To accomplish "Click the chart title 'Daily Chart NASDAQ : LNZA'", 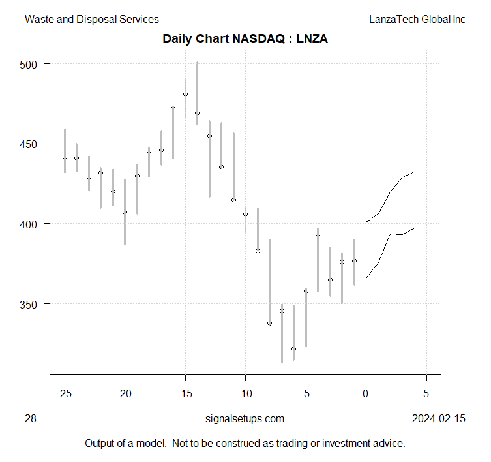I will click(x=245, y=39).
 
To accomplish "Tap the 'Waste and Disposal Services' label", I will click(x=91, y=20).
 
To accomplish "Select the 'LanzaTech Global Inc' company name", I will click(x=417, y=20).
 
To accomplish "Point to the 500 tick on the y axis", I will click(x=32, y=64).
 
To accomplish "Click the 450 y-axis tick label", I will click(x=32, y=144).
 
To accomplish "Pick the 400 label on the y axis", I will click(x=32, y=224).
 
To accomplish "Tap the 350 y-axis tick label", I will click(x=32, y=304).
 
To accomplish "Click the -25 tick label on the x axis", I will click(x=65, y=394).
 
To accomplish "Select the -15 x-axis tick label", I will click(x=185, y=394).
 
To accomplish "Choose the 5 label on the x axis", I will click(x=426, y=394).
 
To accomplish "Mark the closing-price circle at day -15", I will click(x=185, y=94).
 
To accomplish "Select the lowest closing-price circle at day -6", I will click(x=293, y=348).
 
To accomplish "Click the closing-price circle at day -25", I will click(x=65, y=159).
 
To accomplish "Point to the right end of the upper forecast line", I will click(x=415, y=172).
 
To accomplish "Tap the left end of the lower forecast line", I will click(x=366, y=279).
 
